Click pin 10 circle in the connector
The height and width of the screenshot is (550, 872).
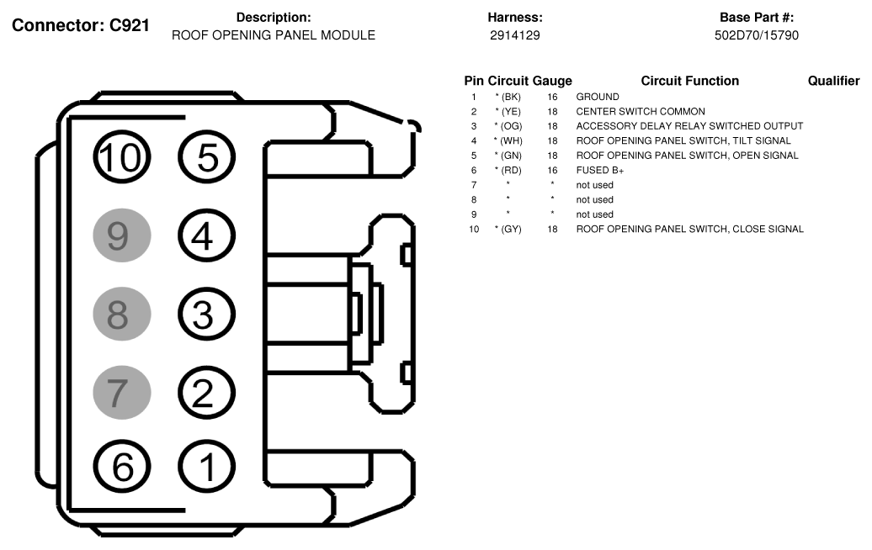(121, 157)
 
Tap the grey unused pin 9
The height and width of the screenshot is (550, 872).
(121, 236)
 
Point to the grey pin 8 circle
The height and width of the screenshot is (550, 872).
(121, 315)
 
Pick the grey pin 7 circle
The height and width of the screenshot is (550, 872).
(121, 392)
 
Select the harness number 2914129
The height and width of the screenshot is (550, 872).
(514, 36)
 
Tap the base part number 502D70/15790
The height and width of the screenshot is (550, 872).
(756, 36)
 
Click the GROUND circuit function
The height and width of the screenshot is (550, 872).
(597, 97)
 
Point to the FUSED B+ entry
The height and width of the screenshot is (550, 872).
(599, 170)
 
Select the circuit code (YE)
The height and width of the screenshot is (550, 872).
(508, 112)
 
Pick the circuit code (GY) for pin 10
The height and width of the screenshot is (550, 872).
(508, 229)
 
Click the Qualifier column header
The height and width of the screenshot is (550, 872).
(833, 82)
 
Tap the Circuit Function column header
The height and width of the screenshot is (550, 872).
(689, 82)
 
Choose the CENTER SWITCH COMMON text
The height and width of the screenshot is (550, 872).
(641, 112)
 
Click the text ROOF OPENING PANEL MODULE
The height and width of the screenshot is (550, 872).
(274, 36)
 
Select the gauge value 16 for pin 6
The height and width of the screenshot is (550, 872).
(552, 170)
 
